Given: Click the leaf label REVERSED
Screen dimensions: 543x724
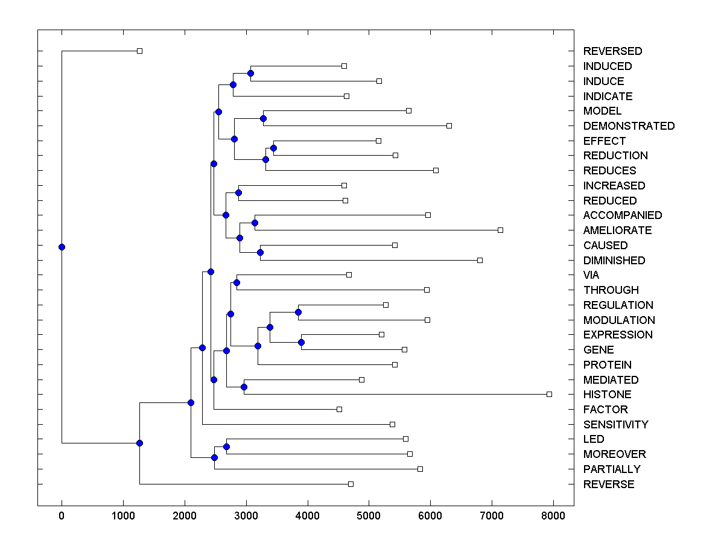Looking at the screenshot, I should (612, 51).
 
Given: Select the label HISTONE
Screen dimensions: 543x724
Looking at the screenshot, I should (607, 395).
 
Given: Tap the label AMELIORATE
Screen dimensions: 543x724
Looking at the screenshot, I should (617, 230).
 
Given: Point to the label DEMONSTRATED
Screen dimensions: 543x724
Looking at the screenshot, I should (629, 126).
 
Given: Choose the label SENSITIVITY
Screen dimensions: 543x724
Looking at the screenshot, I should (615, 425).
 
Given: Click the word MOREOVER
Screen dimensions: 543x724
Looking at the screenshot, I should (614, 454).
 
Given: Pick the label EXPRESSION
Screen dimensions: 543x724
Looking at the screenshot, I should (618, 335).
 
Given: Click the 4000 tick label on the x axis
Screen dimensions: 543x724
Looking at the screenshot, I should (308, 516).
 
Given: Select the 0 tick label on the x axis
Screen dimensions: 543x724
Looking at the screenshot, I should (62, 516).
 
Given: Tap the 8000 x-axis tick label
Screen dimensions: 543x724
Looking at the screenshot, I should (553, 516).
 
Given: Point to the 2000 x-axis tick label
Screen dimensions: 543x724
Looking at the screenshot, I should (185, 516).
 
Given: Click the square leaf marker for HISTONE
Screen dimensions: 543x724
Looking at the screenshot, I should (549, 394).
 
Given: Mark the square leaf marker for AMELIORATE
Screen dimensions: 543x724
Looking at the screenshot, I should (500, 230).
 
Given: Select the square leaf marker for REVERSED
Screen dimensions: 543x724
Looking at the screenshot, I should (139, 51).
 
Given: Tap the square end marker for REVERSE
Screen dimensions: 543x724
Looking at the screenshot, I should (351, 484).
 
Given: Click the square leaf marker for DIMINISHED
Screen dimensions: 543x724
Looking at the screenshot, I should (480, 260).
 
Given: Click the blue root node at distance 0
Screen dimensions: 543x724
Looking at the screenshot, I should (62, 247).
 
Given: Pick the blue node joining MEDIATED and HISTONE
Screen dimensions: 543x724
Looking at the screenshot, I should (244, 387).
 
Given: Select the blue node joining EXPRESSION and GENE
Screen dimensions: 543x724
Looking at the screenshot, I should (301, 342).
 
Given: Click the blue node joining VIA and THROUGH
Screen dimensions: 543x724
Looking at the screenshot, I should (237, 282).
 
